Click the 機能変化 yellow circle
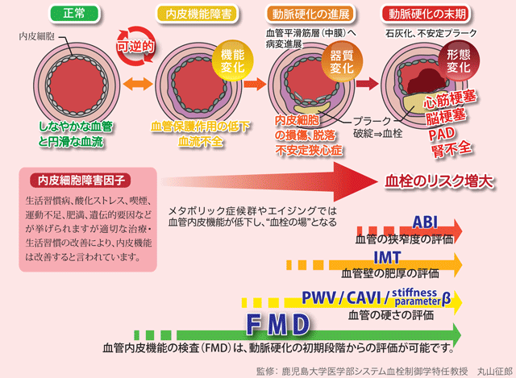tap(230, 60)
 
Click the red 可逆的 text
tap(134, 48)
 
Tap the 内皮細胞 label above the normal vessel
tap(36, 38)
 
